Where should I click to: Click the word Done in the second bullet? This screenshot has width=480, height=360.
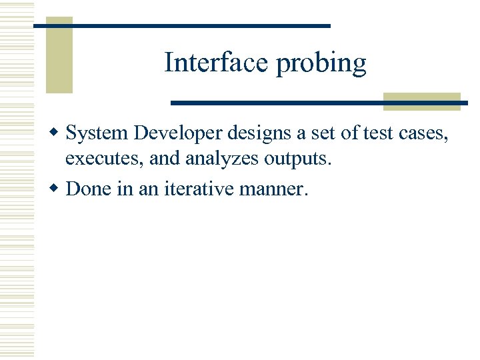tap(88, 189)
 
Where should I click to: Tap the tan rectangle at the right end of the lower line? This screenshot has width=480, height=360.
tap(422, 101)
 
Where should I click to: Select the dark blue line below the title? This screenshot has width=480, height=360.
tap(280, 103)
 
